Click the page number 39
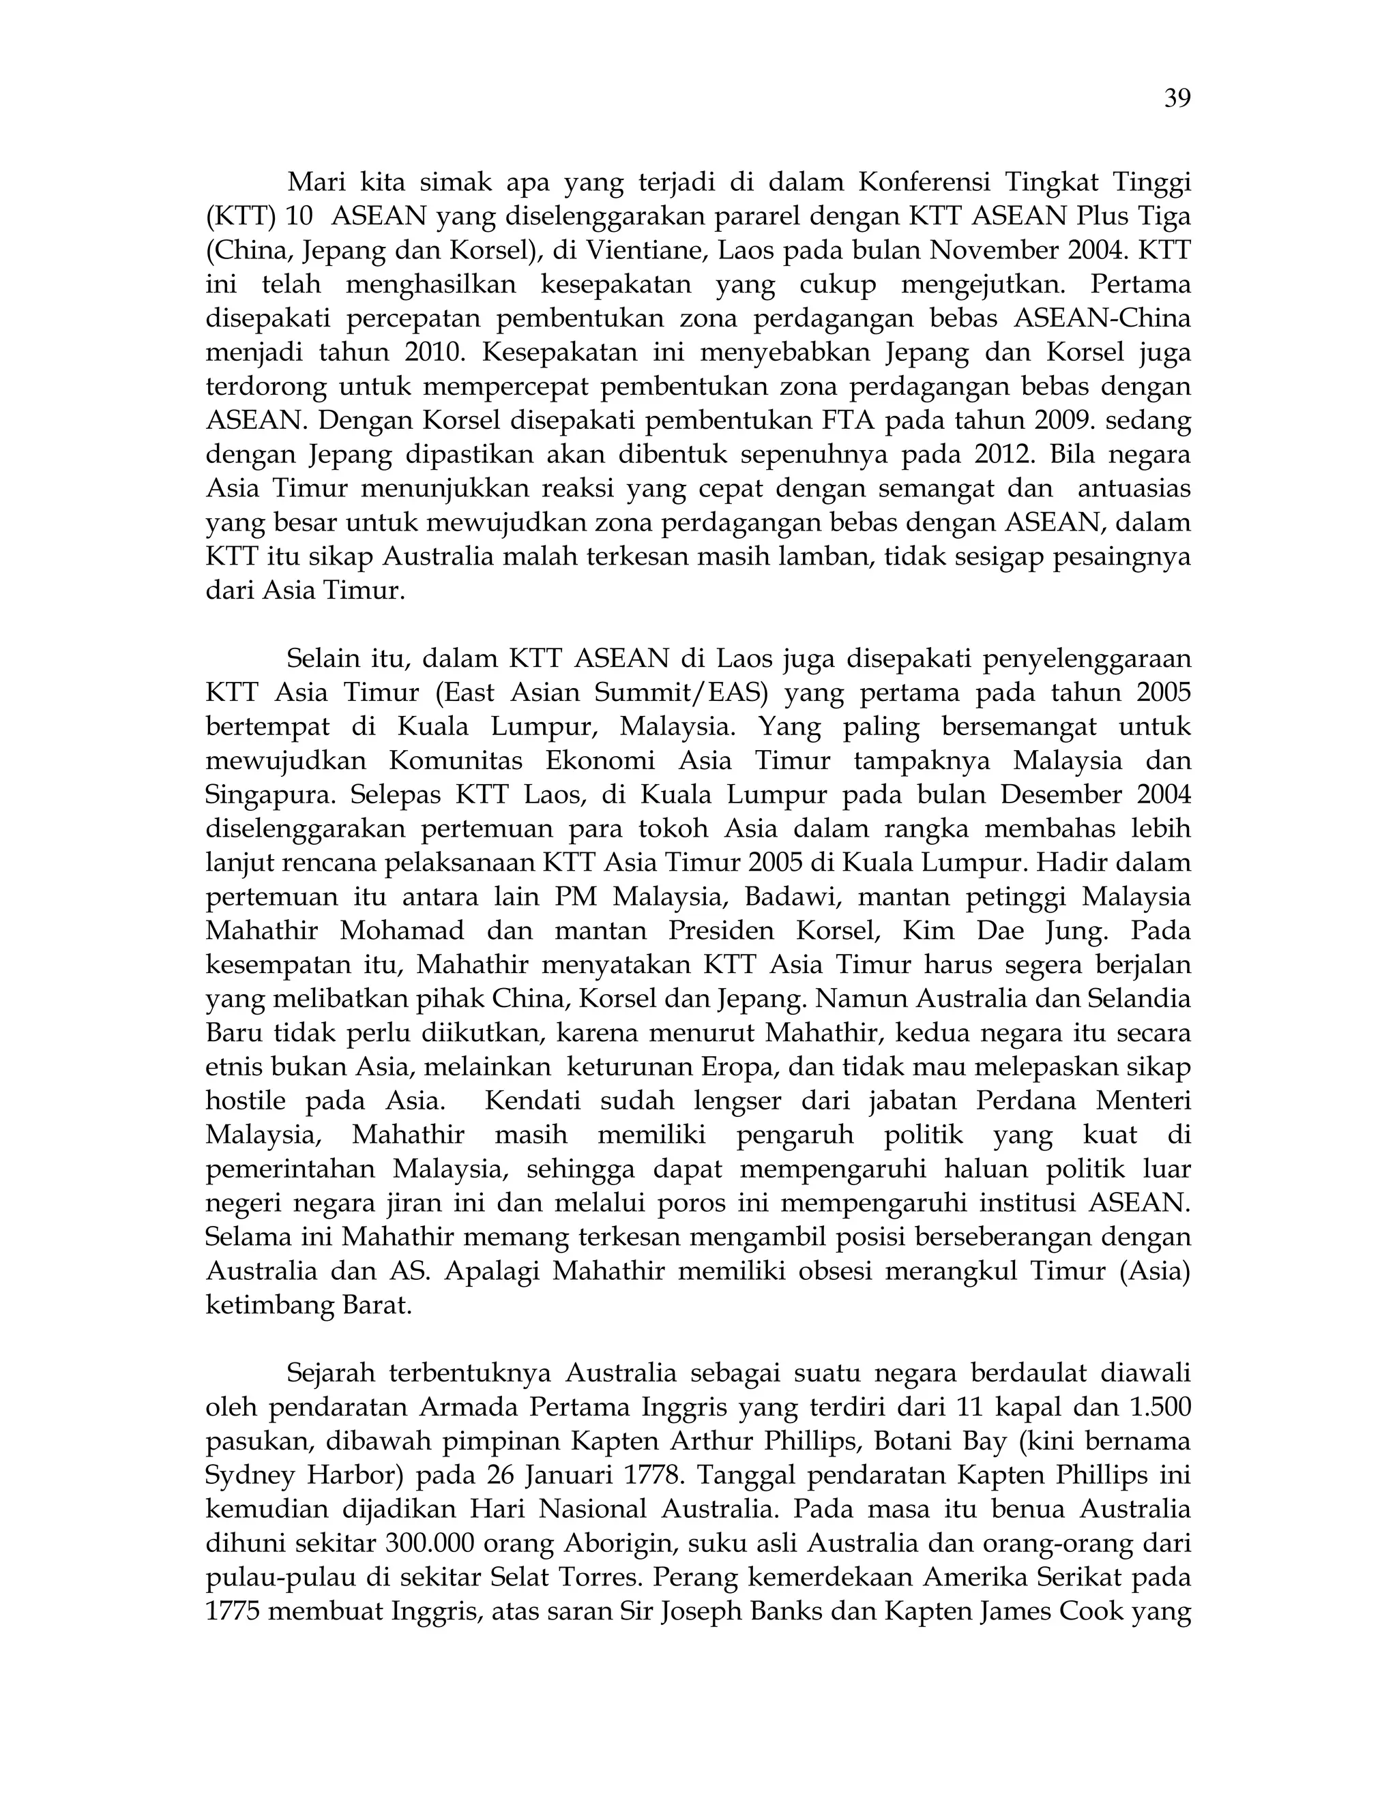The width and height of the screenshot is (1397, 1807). coord(1177,100)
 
